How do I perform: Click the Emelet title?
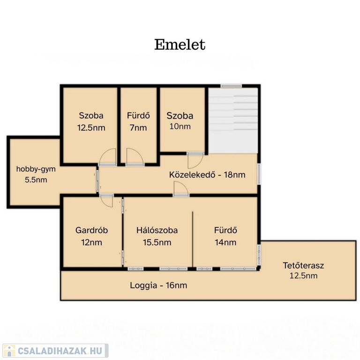pyautogui.click(x=180, y=45)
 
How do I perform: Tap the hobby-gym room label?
pyautogui.click(x=36, y=169)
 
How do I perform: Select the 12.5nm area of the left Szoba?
pyautogui.click(x=91, y=127)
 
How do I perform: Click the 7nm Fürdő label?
pyautogui.click(x=138, y=121)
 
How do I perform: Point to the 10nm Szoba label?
pyautogui.click(x=180, y=121)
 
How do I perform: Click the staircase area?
pyautogui.click(x=233, y=120)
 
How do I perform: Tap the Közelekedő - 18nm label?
pyautogui.click(x=207, y=175)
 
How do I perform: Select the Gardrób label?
pyautogui.click(x=91, y=230)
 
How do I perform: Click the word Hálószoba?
pyautogui.click(x=157, y=230)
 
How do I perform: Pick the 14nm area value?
pyautogui.click(x=225, y=242)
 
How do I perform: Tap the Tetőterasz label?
pyautogui.click(x=303, y=265)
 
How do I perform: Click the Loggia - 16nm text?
pyautogui.click(x=158, y=285)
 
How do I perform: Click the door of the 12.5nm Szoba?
pyautogui.click(x=107, y=157)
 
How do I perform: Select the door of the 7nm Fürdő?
pyautogui.click(x=135, y=157)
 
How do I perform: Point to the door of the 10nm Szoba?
pyautogui.click(x=195, y=160)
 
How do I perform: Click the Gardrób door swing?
pyautogui.click(x=107, y=201)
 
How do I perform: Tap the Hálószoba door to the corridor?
pyautogui.click(x=181, y=189)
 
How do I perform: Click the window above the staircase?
pyautogui.click(x=231, y=86)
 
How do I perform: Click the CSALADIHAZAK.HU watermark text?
pyautogui.click(x=60, y=351)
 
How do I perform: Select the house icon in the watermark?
pyautogui.click(x=9, y=351)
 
